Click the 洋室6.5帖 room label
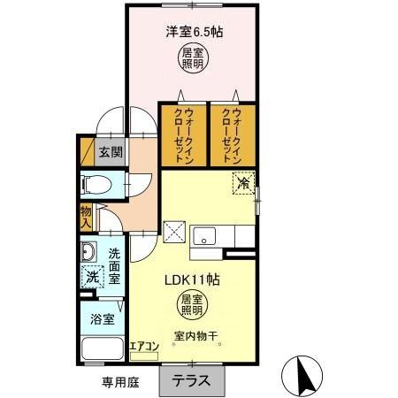click(193, 32)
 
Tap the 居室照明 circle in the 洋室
click(192, 58)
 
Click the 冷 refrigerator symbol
click(243, 183)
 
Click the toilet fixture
click(96, 185)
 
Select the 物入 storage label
click(86, 216)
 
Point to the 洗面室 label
click(114, 266)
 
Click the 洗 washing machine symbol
click(93, 276)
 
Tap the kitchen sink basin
click(205, 236)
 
